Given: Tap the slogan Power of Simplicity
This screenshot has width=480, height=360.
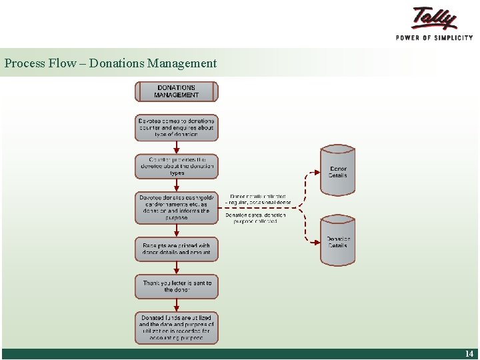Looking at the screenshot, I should [x=434, y=37].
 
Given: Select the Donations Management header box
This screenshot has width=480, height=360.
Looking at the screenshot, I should [x=177, y=91].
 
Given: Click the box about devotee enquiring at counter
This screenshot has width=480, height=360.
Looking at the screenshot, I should [x=177, y=127].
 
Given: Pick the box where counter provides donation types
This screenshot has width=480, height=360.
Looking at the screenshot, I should [x=177, y=166].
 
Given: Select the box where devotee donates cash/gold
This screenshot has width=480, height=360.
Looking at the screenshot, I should [x=177, y=207].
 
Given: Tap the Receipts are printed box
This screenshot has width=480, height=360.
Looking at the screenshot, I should [x=177, y=249].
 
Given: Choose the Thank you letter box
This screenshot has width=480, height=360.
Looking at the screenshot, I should [x=177, y=287].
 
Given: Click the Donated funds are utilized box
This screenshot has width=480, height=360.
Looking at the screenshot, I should [x=177, y=328].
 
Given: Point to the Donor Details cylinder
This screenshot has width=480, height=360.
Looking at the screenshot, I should [x=338, y=171].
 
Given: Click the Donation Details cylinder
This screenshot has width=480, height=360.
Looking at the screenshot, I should [x=338, y=241].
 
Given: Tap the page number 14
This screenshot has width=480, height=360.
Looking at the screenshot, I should [x=469, y=354].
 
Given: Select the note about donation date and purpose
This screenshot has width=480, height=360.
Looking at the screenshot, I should [x=256, y=218].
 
